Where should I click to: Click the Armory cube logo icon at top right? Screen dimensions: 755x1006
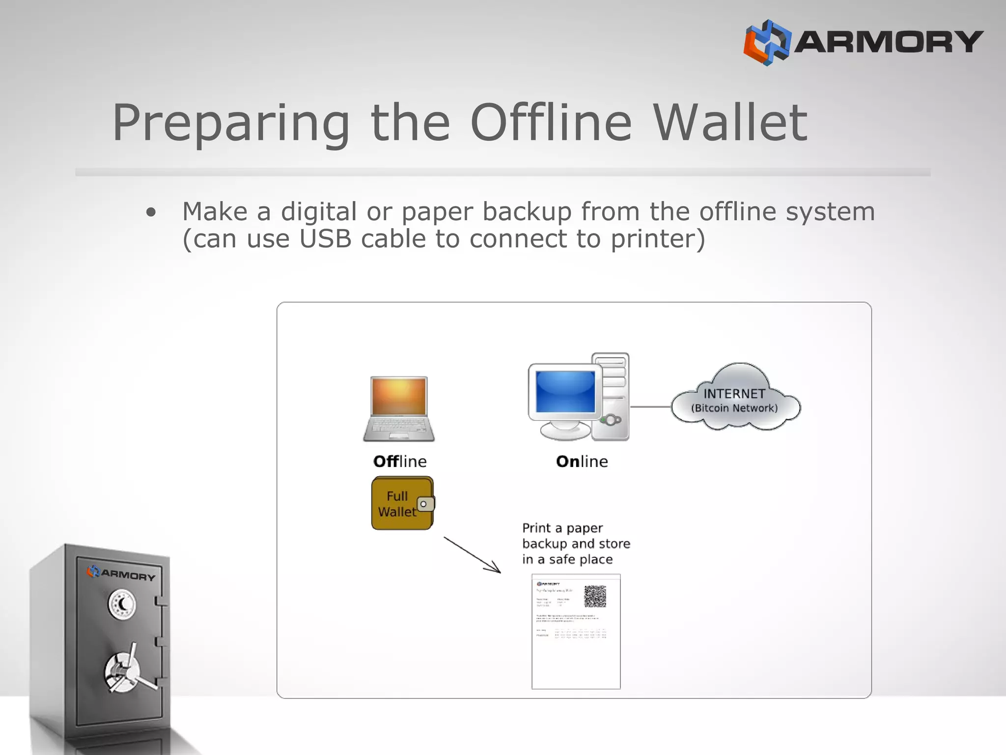point(767,42)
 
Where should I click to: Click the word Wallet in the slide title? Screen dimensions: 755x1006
point(730,123)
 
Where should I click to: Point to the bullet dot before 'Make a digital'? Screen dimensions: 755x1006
point(151,212)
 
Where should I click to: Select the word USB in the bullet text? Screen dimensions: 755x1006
point(325,239)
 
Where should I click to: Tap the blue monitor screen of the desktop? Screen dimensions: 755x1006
point(565,392)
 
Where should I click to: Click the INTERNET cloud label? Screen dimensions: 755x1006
point(734,394)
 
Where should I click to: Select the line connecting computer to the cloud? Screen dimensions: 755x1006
point(650,407)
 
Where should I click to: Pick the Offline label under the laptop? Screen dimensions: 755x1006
point(400,462)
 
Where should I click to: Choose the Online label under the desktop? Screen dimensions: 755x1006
point(582,462)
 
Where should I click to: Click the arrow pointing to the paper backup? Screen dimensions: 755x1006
point(473,555)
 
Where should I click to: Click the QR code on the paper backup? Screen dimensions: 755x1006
point(595,596)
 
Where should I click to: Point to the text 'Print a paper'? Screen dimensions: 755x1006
point(562,528)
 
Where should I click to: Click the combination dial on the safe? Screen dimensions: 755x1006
point(122,605)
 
